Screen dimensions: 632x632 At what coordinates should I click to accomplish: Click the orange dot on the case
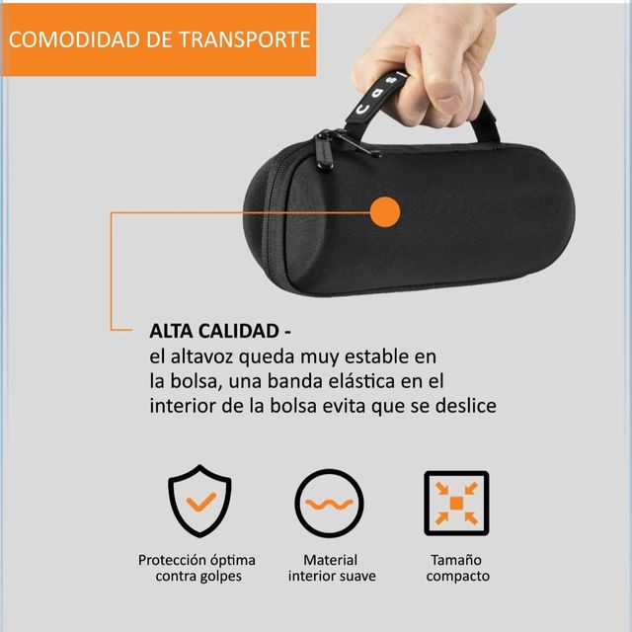(385, 211)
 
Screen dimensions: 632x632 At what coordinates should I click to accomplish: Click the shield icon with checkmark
(199, 504)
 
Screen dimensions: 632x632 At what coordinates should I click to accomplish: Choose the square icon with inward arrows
(456, 504)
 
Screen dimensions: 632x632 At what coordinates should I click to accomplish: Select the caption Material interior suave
(330, 568)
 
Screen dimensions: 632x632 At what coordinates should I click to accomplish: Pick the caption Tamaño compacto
(457, 568)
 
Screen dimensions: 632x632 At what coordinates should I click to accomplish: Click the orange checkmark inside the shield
(199, 503)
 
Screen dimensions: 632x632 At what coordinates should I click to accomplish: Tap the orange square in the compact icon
(456, 504)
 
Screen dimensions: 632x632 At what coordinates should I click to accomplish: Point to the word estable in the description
(389, 355)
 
